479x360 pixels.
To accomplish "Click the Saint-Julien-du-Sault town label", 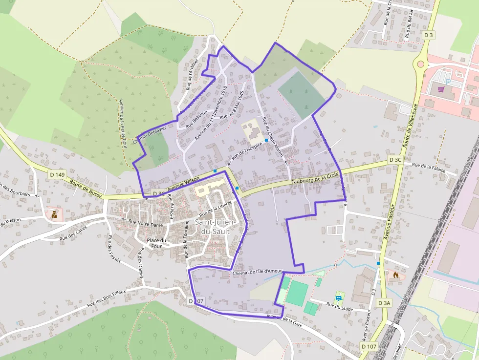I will coord(216,227).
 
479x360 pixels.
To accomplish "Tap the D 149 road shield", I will coord(57,174).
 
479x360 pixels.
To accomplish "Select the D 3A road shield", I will coord(385,303).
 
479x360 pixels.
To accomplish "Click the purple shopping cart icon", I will coord(441,89).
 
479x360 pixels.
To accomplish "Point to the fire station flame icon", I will coord(395,275).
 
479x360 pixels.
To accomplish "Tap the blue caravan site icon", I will coord(338,297).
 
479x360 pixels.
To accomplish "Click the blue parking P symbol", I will coord(448,81).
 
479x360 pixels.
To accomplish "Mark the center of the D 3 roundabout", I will coord(419,64).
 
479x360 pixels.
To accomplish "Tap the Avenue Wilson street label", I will coord(184,186).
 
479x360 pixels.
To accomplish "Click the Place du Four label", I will coord(157,243).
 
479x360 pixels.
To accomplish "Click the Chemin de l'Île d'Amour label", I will coord(258,272).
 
